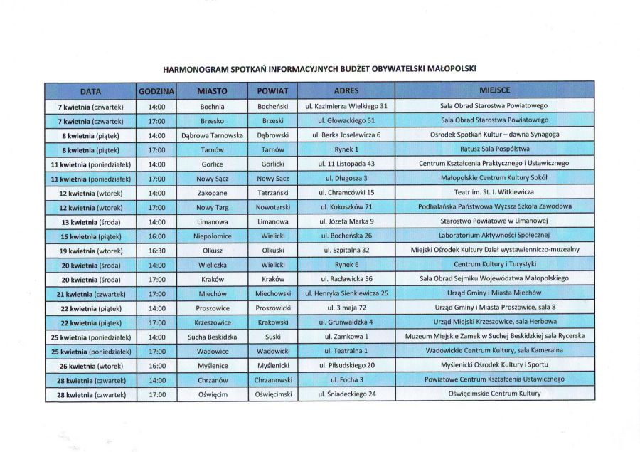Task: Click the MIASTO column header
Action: pos(212,92)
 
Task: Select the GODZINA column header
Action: pos(156,92)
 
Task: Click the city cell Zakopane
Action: pos(212,193)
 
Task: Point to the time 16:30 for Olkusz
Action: pos(156,251)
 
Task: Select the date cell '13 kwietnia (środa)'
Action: pos(91,222)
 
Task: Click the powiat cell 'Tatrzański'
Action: pos(273,193)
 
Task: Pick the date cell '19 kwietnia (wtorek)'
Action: pos(91,251)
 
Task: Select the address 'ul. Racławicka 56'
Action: pos(346,279)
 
